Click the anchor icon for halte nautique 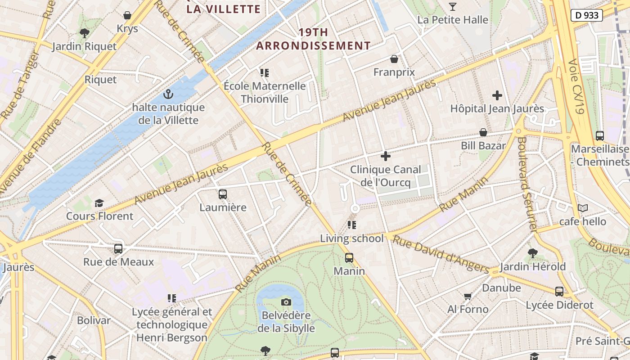(x=168, y=94)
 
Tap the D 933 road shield (x=587, y=15)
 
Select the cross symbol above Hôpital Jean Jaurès (x=497, y=95)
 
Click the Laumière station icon (x=223, y=194)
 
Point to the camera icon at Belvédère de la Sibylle (x=286, y=302)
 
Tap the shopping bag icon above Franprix (x=394, y=59)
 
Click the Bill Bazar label (x=483, y=146)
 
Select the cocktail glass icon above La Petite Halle (x=453, y=6)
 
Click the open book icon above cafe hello (x=583, y=208)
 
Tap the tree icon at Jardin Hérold (x=533, y=253)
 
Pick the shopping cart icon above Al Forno (x=468, y=296)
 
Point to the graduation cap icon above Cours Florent (x=99, y=203)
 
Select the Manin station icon (x=349, y=258)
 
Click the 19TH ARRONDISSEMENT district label (x=314, y=39)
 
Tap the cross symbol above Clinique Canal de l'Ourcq (x=386, y=156)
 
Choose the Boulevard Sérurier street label (x=527, y=184)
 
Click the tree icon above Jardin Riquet (x=84, y=33)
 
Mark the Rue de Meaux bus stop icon (x=118, y=248)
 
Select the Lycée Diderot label (x=560, y=305)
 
